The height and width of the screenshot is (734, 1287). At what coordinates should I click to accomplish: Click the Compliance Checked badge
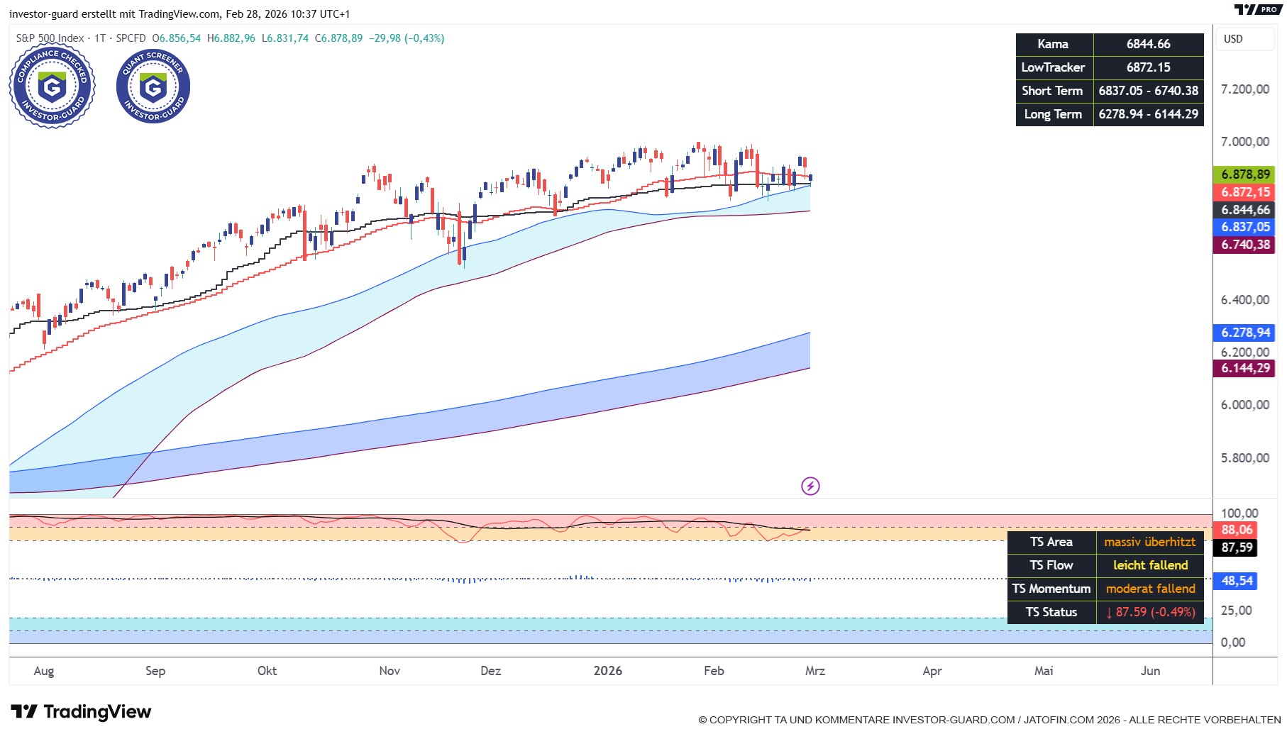tap(52, 86)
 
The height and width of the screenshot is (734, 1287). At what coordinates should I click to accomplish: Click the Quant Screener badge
tap(153, 86)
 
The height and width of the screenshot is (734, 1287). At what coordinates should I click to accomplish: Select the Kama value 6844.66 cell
tap(1148, 44)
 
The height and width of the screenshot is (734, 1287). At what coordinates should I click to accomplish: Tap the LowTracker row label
tap(1054, 67)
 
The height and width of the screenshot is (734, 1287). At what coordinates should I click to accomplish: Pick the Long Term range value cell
tap(1148, 114)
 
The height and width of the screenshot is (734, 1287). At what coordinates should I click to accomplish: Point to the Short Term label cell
tap(1054, 91)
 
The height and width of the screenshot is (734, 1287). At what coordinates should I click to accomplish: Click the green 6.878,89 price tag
tap(1245, 174)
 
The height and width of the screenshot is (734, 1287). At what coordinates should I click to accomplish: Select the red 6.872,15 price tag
tap(1245, 192)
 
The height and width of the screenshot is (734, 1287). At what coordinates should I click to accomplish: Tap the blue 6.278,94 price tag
tap(1245, 333)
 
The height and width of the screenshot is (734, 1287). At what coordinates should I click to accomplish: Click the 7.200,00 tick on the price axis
tap(1245, 89)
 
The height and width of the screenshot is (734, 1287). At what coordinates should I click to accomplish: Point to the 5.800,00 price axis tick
tap(1245, 458)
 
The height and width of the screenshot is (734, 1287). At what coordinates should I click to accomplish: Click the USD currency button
tap(1234, 39)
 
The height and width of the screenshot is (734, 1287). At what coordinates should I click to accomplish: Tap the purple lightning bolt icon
tap(810, 486)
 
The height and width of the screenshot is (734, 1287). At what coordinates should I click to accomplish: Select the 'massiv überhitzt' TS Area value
tap(1149, 542)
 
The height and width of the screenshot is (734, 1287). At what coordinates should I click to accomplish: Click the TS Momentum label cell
tap(1051, 589)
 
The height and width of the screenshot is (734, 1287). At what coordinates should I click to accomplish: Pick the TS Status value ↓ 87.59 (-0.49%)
tap(1149, 612)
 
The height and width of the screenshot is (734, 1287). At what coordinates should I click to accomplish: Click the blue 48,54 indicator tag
tap(1237, 581)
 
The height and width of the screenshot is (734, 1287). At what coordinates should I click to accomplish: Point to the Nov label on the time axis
tap(390, 671)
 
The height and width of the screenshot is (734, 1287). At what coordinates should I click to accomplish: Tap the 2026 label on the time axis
tap(608, 671)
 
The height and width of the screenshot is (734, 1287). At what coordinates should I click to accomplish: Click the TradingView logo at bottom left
tap(81, 711)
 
